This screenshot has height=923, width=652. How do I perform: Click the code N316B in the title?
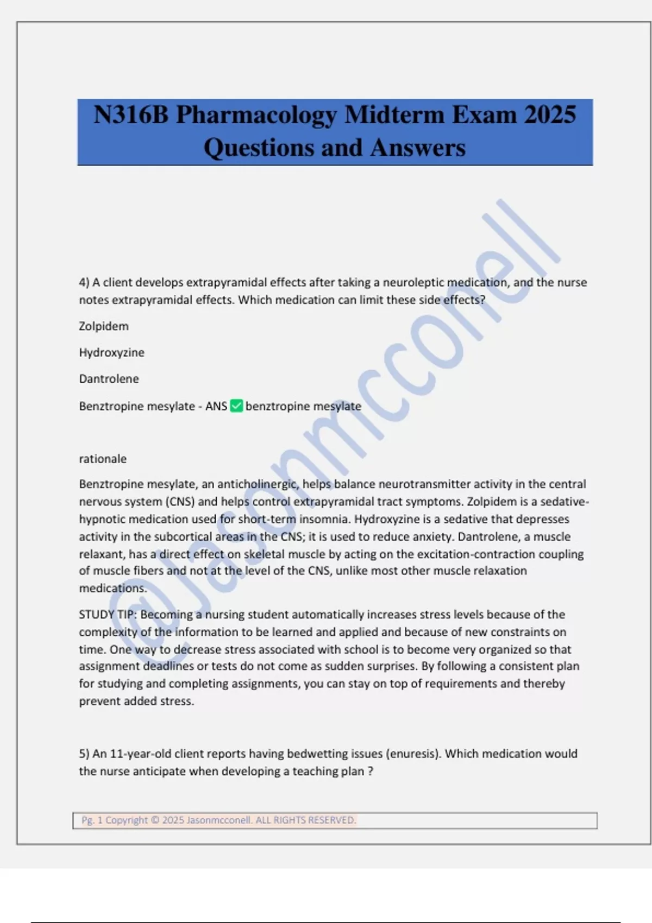point(131,115)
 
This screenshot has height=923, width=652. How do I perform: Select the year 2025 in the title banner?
point(550,115)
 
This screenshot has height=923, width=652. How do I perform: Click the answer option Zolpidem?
point(104,326)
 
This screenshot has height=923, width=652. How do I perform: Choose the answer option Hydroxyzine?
point(111,352)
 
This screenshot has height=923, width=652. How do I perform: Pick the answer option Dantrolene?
point(109,379)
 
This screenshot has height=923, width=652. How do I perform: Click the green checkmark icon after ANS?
point(236,406)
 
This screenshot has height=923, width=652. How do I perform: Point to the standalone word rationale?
point(103,459)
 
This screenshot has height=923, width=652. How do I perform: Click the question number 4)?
point(84,282)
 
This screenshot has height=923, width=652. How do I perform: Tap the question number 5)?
point(84,754)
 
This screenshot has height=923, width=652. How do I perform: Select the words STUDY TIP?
point(108,615)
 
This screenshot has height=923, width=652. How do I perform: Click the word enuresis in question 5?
point(413,754)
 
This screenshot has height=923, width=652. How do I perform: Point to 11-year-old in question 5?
point(136,754)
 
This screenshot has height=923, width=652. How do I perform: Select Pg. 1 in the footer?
point(92,820)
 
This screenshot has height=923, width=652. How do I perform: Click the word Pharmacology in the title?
point(256,115)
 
